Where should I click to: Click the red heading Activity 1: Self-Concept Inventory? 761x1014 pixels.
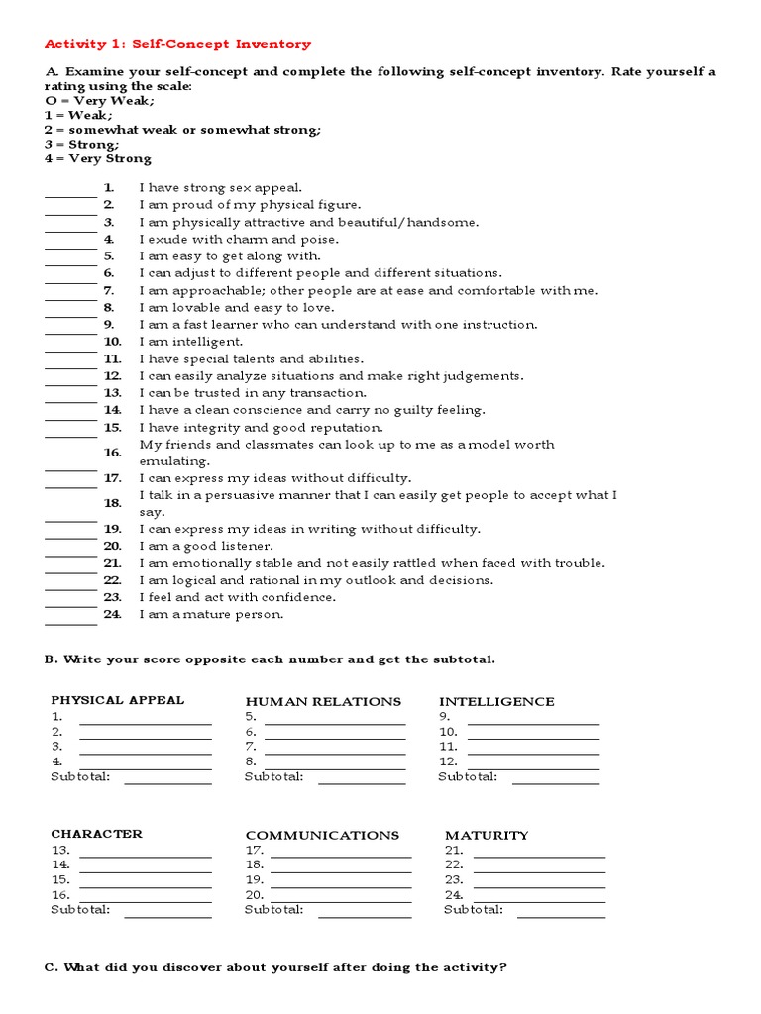tap(178, 44)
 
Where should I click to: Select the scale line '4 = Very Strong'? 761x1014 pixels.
tap(98, 158)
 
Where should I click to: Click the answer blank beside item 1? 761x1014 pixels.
tap(70, 194)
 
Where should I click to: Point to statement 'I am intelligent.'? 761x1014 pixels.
tap(191, 342)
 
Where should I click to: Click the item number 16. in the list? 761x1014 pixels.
tap(112, 453)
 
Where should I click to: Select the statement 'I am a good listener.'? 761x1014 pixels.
tap(206, 546)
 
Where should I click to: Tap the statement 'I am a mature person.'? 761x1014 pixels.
tap(211, 614)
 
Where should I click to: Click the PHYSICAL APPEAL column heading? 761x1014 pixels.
tap(117, 700)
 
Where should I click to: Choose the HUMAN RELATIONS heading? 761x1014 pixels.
tap(323, 701)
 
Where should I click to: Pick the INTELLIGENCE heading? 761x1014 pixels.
tap(496, 701)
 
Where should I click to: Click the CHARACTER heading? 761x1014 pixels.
tap(96, 834)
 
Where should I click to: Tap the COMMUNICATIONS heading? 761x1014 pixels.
tap(322, 835)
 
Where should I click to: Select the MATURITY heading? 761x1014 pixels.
tap(487, 835)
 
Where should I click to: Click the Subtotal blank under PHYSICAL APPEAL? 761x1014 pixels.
tap(167, 782)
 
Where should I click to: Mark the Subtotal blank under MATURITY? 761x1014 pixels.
tap(561, 915)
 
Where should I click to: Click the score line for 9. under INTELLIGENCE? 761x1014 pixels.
tap(533, 723)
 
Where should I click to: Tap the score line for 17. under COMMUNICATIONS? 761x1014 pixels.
tap(340, 856)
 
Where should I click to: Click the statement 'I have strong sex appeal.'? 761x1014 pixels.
tap(221, 188)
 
